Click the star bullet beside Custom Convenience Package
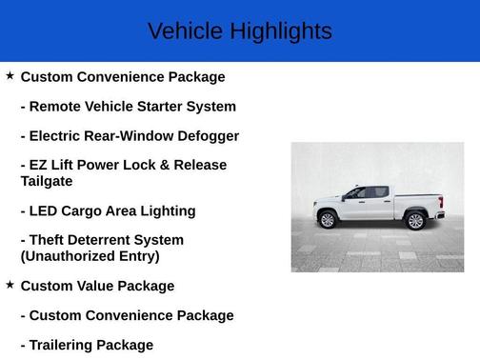tap(10, 75)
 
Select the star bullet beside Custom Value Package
tap(10, 285)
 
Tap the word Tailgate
tap(47, 181)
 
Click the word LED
tap(45, 210)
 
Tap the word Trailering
tap(69, 345)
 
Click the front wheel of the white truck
tap(329, 220)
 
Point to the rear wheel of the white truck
tap(414, 221)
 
